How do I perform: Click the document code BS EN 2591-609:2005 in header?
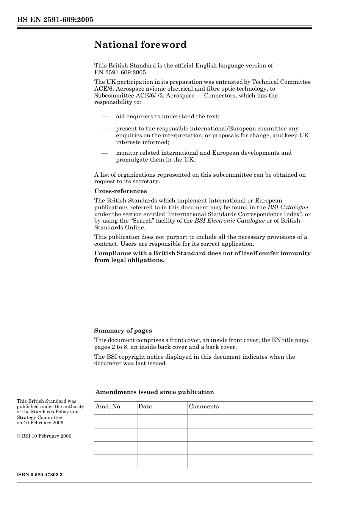[x=55, y=20]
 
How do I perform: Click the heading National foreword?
[x=140, y=45]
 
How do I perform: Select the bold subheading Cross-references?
[x=120, y=191]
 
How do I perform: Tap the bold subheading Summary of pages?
[x=123, y=331]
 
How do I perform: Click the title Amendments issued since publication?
[x=155, y=392]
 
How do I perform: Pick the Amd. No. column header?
[x=108, y=406]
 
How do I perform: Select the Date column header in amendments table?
[x=145, y=406]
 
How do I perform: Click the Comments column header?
[x=204, y=406]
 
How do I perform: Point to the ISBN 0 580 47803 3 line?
[x=39, y=475]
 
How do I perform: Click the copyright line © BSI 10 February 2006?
[x=44, y=436]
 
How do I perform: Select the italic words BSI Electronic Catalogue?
[x=229, y=221]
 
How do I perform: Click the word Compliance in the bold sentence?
[x=113, y=253]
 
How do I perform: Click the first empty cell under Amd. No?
[x=115, y=421]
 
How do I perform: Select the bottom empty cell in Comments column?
[x=250, y=461]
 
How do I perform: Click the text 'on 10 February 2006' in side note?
[x=40, y=423]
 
